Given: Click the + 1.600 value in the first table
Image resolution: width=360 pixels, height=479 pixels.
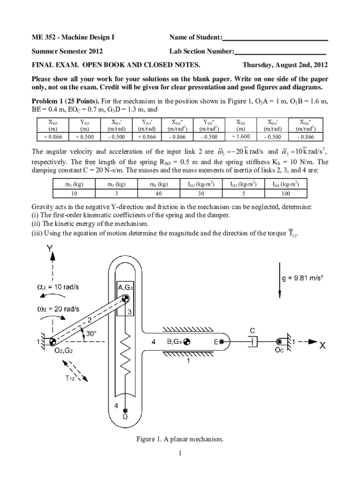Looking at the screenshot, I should pyautogui.click(x=241, y=137).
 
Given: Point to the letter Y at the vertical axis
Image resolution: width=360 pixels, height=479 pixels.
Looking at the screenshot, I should pyautogui.click(x=50, y=251).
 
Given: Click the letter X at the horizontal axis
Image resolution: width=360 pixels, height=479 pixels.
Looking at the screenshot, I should pyautogui.click(x=323, y=347).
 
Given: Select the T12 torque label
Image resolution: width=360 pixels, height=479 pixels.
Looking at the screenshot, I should pyautogui.click(x=70, y=379).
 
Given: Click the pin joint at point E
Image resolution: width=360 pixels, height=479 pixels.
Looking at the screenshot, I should pyautogui.click(x=222, y=342).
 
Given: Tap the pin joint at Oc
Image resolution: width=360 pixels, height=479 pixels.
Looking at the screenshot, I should pyautogui.click(x=280, y=342).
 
